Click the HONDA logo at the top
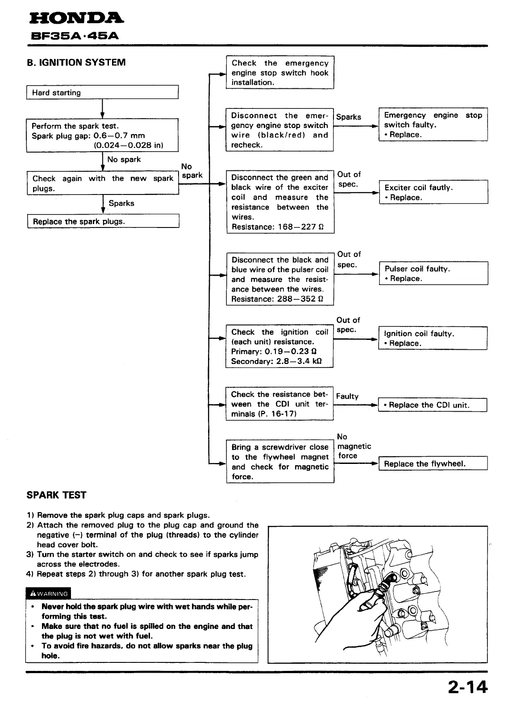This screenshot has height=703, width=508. (x=76, y=18)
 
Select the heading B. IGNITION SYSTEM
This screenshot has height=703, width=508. (x=76, y=62)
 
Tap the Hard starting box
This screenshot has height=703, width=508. (x=102, y=92)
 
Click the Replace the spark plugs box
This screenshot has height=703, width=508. (x=103, y=221)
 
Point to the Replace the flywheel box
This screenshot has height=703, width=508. (x=433, y=463)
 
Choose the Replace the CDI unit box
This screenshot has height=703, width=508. (x=432, y=405)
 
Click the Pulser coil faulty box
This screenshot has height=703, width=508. (x=433, y=273)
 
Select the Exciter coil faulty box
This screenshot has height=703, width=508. (x=433, y=192)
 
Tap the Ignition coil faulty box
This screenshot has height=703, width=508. (x=433, y=338)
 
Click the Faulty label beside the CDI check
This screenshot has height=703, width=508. (x=347, y=396)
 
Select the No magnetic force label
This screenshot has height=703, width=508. (x=354, y=446)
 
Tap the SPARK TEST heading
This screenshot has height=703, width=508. (x=56, y=495)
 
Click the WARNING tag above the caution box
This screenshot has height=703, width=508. (x=48, y=594)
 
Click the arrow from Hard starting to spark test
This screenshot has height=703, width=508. (x=103, y=108)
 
